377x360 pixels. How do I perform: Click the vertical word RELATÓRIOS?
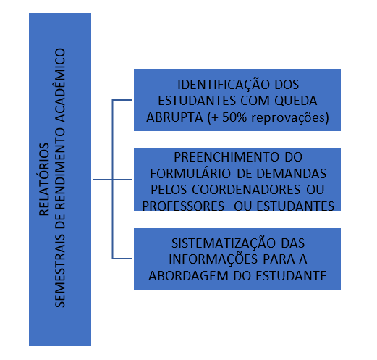(x=44, y=180)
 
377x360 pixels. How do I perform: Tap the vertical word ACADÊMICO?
(x=60, y=85)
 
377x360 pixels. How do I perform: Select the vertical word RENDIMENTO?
(x=60, y=167)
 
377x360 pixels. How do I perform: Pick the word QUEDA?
(x=296, y=101)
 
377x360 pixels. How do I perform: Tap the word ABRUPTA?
(x=174, y=117)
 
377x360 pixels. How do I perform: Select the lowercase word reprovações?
(x=288, y=117)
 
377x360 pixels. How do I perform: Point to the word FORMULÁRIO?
(x=190, y=174)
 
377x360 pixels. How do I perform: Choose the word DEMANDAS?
(x=292, y=174)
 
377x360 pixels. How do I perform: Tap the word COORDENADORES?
(x=246, y=190)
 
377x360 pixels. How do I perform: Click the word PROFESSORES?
(x=183, y=206)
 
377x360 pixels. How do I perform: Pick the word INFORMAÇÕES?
(x=213, y=259)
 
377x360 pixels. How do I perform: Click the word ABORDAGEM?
(x=188, y=276)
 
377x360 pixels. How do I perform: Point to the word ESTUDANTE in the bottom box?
(x=291, y=276)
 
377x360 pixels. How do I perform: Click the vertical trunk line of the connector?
(x=112, y=179)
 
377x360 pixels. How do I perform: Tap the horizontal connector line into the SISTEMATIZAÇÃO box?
(x=122, y=259)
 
